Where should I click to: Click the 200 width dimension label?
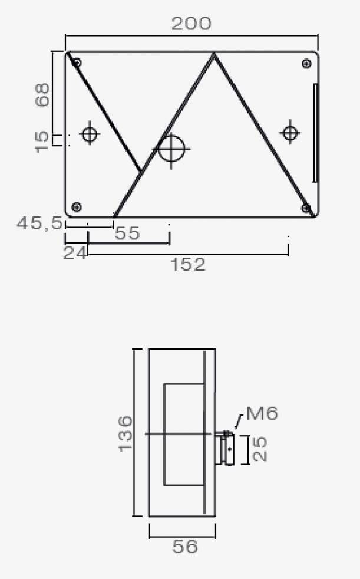tap(191, 24)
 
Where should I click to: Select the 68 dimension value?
tap(42, 95)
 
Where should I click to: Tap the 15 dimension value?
tap(42, 142)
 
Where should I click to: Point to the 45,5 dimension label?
tap(39, 223)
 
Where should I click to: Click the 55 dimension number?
tap(127, 233)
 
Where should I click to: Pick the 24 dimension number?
tap(75, 253)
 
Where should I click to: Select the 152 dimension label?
tap(188, 265)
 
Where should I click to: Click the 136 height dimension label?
tap(125, 433)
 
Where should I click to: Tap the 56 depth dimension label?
tap(184, 547)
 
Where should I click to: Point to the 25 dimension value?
tap(259, 449)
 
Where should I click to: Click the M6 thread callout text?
tap(262, 413)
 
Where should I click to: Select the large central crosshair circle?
tap(171, 148)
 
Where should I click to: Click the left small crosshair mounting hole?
tap(90, 134)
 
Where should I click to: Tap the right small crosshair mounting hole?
tap(289, 132)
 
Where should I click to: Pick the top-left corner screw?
tap(77, 62)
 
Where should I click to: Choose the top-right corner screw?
tap(306, 64)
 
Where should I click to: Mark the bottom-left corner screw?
tap(76, 206)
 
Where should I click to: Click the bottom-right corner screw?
tap(306, 208)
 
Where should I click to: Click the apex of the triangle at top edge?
tap(214, 54)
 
